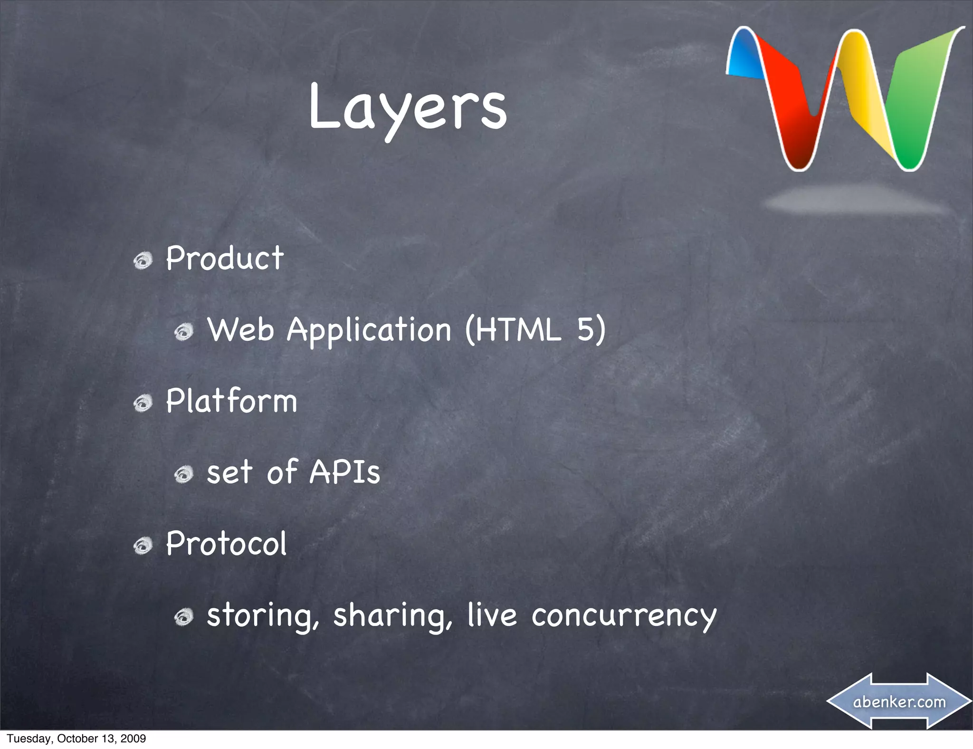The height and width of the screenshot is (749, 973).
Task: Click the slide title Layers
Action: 408,108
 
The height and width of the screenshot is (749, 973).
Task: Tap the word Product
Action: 225,259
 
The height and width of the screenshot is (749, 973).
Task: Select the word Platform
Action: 231,401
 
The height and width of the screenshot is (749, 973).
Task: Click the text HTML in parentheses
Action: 517,329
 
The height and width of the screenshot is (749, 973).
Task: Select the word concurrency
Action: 624,616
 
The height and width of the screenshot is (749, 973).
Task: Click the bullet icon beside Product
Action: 143,260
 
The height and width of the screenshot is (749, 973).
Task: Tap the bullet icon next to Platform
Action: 143,403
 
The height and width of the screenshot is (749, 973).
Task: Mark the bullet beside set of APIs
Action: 184,474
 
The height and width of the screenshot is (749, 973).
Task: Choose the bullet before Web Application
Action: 184,331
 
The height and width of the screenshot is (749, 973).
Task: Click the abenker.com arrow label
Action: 899,701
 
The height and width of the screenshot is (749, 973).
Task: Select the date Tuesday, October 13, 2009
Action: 76,739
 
